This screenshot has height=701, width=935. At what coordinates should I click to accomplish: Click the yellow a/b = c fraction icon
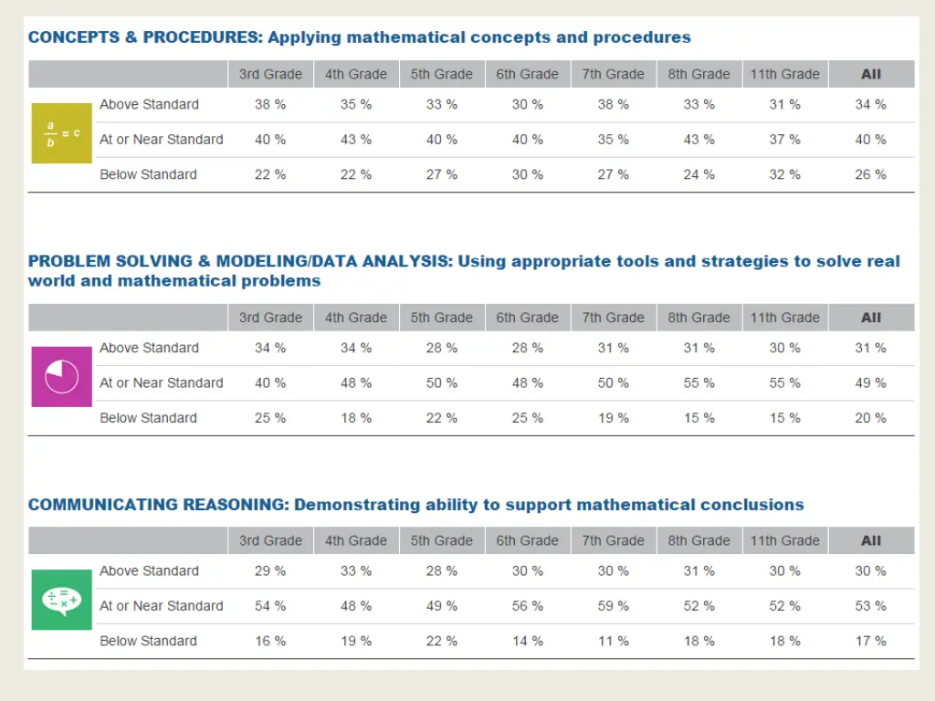pos(62,133)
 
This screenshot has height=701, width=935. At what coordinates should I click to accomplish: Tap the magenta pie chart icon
pos(62,376)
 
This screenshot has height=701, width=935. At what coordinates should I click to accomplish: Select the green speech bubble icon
pos(62,600)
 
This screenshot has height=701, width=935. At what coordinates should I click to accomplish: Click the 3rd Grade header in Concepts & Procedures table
pos(270,74)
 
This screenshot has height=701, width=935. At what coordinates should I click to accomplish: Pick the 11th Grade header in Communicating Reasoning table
pos(785,540)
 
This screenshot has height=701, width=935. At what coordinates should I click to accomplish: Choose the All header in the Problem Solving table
pos(871,318)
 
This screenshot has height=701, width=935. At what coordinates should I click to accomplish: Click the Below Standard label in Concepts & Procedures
pos(148,174)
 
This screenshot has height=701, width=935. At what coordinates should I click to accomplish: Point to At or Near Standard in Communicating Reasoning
pos(162,606)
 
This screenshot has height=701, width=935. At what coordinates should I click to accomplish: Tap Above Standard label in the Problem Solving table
pos(149,348)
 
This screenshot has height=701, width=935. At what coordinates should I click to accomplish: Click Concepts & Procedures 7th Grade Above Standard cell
pos(614,105)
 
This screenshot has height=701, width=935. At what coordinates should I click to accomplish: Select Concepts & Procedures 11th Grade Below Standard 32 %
pos(785,174)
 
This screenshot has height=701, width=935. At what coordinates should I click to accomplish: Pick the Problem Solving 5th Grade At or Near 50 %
pos(442,383)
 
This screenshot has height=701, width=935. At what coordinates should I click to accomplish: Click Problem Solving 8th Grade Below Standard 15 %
pos(699,418)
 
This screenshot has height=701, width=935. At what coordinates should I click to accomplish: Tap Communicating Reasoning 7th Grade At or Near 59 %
pos(614,606)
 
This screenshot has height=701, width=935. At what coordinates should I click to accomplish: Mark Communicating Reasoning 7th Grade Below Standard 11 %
pos(614,641)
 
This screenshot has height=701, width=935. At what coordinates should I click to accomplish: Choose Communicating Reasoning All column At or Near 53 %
pos(871,606)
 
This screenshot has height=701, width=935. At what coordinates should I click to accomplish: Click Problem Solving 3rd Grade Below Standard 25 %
pos(270,418)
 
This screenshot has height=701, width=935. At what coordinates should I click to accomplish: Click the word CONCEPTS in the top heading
pos(69,37)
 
